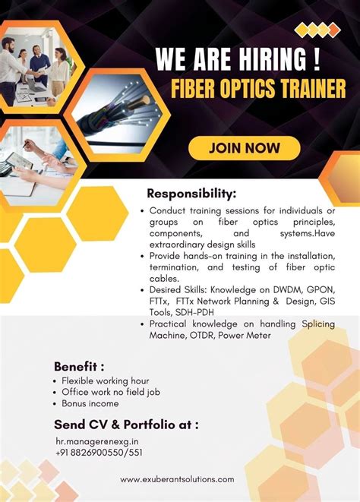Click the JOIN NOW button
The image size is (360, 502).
[x=245, y=147]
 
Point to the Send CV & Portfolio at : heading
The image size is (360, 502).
[x=126, y=424]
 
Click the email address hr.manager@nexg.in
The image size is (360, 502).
[x=96, y=440]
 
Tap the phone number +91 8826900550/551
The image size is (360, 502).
[x=98, y=452]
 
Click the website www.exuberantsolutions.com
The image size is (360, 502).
[x=178, y=479]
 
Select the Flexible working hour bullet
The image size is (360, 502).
[x=105, y=380]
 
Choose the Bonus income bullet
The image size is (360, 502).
[x=90, y=403]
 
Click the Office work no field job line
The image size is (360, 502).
[x=111, y=392]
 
